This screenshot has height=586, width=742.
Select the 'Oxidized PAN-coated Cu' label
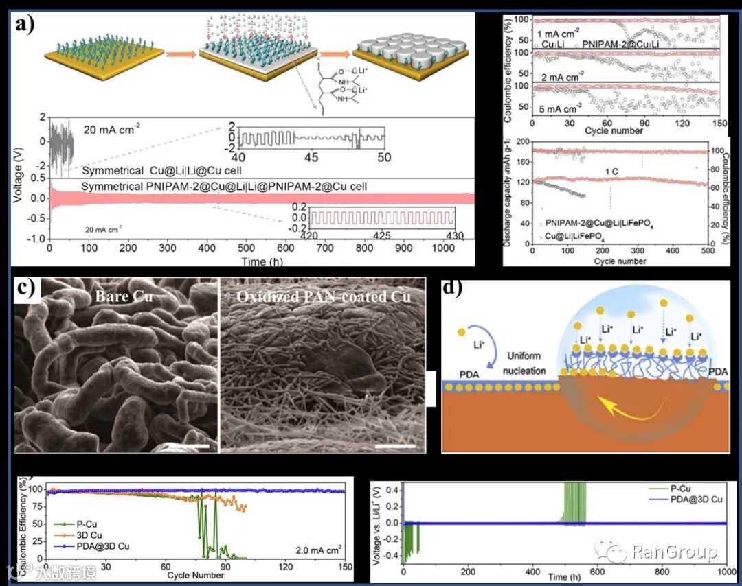point(322,296)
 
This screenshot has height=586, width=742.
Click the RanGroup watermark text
point(673,552)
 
